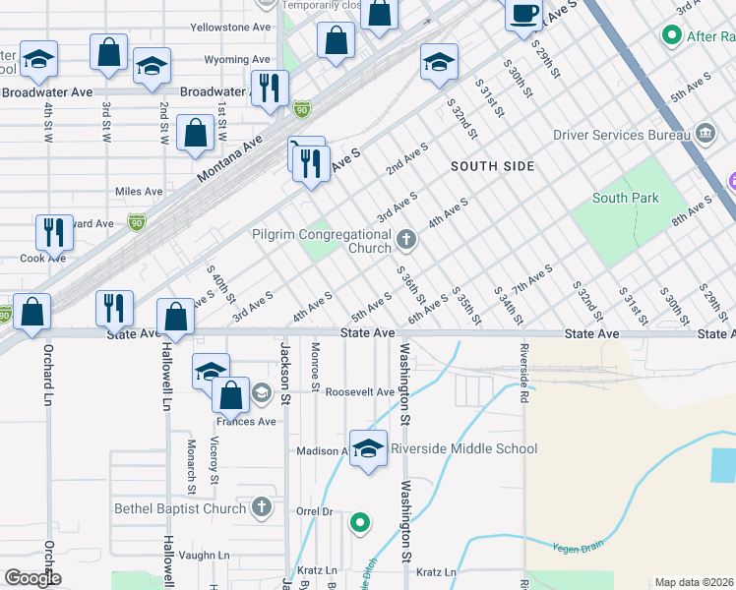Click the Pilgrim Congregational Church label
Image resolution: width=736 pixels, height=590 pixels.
pyautogui.click(x=322, y=241)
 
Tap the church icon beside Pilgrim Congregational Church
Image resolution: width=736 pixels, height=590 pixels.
pyautogui.click(x=405, y=238)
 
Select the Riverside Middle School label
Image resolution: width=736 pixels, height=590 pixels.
pyautogui.click(x=463, y=449)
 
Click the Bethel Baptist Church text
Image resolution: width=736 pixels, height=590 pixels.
pyautogui.click(x=180, y=508)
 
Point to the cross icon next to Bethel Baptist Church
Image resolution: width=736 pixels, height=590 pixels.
pyautogui.click(x=261, y=507)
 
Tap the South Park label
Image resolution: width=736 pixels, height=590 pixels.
pyautogui.click(x=626, y=199)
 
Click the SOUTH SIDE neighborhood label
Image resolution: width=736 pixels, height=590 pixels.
pyautogui.click(x=493, y=166)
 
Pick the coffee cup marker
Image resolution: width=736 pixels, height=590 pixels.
pyautogui.click(x=523, y=15)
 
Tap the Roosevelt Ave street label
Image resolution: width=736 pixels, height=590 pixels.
pyautogui.click(x=360, y=392)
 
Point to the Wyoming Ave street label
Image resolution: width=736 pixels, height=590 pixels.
pyautogui.click(x=237, y=60)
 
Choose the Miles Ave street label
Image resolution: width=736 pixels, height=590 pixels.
pyautogui.click(x=139, y=191)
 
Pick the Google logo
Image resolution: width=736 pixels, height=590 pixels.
pyautogui.click(x=32, y=578)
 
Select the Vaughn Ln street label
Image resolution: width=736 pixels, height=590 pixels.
pyautogui.click(x=205, y=555)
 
